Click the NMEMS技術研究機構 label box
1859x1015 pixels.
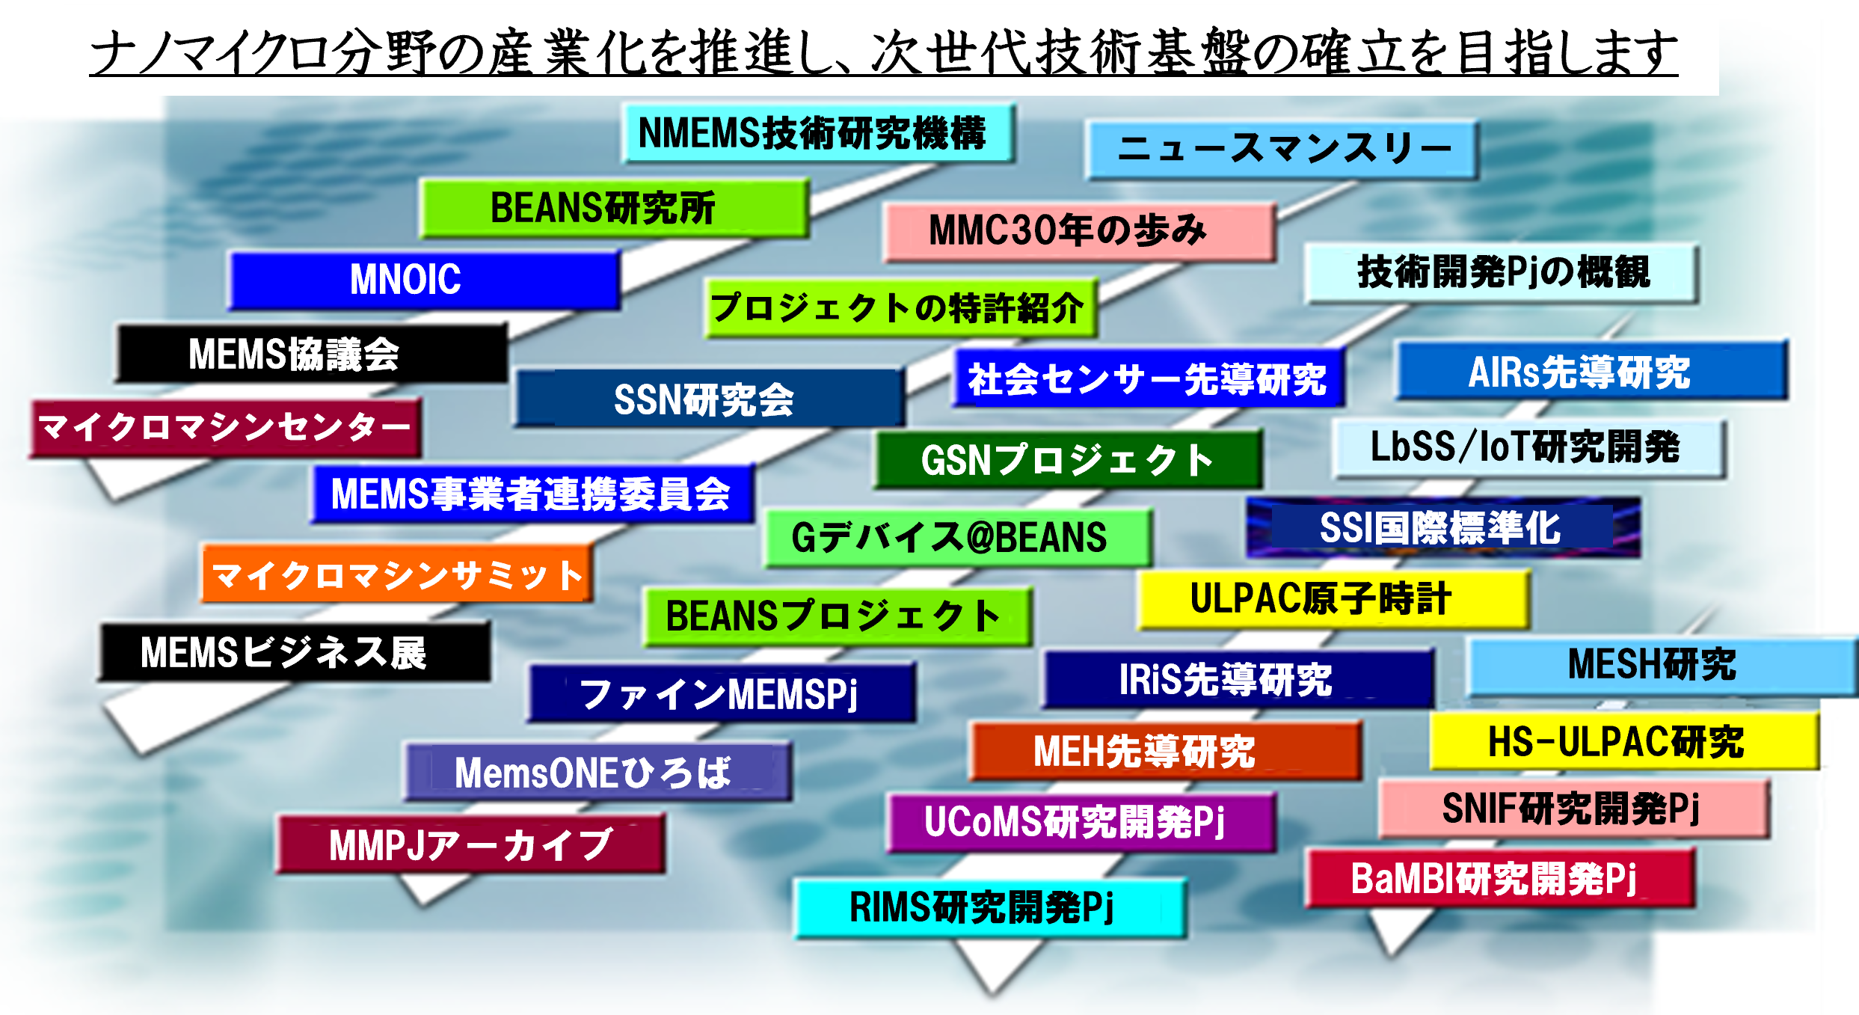[817, 133]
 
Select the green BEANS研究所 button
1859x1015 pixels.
[613, 208]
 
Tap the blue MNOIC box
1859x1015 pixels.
[423, 280]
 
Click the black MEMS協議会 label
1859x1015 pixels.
[311, 354]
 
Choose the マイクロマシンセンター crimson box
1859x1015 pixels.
[224, 428]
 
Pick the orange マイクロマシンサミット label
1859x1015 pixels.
[396, 574]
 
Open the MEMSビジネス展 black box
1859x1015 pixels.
[295, 652]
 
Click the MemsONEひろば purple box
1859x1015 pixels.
[597, 772]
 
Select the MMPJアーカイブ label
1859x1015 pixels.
[471, 844]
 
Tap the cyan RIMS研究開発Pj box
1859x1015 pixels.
[989, 908]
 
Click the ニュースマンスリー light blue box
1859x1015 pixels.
[1282, 149]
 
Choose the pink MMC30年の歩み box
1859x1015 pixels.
[1078, 231]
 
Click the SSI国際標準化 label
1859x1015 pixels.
[1443, 528]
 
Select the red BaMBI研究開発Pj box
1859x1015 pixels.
[1499, 878]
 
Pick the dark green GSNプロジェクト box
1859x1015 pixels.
[1068, 459]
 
